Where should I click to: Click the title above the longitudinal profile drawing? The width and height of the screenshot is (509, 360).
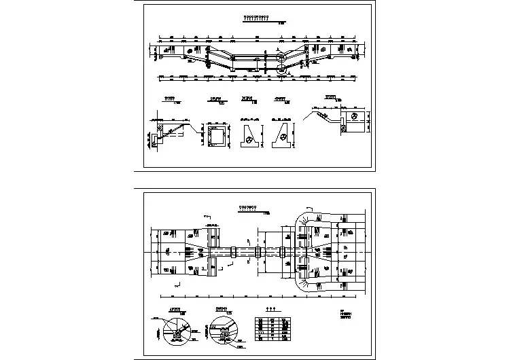256,18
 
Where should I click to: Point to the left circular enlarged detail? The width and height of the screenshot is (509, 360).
176,333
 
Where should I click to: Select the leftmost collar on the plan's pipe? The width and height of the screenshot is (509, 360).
233,251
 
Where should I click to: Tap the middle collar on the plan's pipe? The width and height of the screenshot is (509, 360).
258,252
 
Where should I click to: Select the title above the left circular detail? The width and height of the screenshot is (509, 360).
175,310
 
